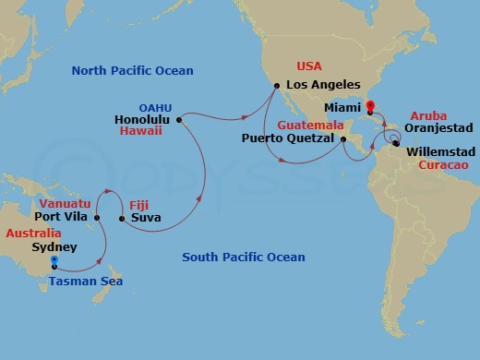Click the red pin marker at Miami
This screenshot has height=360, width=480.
[370, 107]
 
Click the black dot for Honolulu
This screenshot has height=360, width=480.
[179, 119]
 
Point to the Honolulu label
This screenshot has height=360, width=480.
[143, 119]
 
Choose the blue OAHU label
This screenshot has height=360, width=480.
[155, 106]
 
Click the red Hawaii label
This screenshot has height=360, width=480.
[142, 132]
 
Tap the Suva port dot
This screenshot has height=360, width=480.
[122, 219]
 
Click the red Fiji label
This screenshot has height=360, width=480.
[138, 204]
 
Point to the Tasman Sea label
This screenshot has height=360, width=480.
[85, 281]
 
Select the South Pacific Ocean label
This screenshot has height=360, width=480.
[243, 257]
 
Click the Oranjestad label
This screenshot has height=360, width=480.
[437, 128]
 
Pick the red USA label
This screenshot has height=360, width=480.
[309, 66]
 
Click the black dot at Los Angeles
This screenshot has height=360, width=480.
[275, 86]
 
